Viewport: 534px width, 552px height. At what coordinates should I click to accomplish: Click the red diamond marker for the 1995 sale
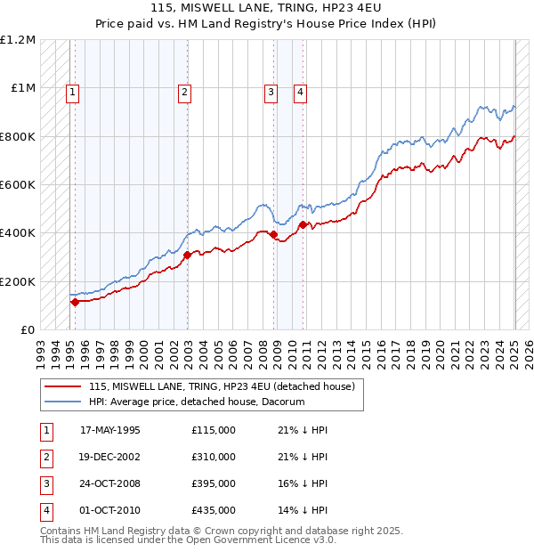click(x=75, y=303)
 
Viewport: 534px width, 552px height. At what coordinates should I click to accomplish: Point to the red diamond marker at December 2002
click(x=188, y=256)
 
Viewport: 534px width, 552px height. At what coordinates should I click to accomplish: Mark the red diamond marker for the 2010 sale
click(x=303, y=225)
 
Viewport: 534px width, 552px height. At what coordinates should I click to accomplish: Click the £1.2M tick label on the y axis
click(x=18, y=40)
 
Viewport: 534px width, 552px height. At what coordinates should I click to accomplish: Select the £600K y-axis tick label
click(x=18, y=185)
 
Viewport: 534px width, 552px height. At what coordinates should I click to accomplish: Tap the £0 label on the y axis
click(x=27, y=330)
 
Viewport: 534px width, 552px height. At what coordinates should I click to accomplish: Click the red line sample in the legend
click(x=62, y=386)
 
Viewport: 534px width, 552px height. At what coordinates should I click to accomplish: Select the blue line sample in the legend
click(x=62, y=402)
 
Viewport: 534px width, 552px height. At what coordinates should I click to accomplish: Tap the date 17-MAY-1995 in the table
click(x=110, y=430)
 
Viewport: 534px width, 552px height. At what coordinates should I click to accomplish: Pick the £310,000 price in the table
click(x=214, y=457)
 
